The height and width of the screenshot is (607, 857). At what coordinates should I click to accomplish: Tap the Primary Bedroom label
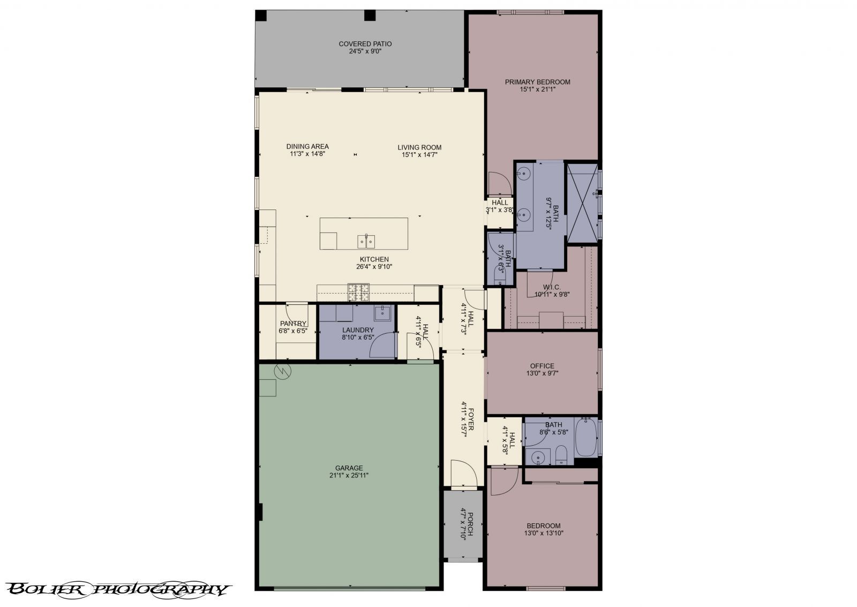click(x=537, y=82)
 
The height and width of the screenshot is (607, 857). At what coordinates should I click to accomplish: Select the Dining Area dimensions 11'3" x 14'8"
click(x=307, y=154)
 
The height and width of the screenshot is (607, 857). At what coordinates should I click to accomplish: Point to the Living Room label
click(x=419, y=147)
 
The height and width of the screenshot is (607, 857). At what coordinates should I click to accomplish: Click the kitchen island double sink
click(x=366, y=242)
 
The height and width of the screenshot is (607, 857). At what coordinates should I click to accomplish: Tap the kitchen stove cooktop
click(x=359, y=292)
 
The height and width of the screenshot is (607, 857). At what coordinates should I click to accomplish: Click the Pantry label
click(x=293, y=324)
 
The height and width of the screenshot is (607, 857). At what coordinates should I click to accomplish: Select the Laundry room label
click(x=358, y=330)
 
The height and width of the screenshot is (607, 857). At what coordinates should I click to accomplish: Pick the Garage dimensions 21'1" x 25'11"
click(x=349, y=475)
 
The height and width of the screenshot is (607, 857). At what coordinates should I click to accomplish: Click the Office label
click(x=542, y=366)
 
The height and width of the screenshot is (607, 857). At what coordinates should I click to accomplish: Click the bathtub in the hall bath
click(x=585, y=437)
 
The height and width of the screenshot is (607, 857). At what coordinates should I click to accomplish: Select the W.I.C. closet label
click(x=552, y=287)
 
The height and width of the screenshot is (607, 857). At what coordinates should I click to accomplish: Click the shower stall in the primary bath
click(x=582, y=204)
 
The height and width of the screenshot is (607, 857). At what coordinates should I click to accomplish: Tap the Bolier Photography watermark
click(x=118, y=590)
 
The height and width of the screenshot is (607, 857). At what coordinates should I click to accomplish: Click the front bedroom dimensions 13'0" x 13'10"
click(x=544, y=533)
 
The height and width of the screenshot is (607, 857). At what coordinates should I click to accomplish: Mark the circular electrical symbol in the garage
click(x=282, y=371)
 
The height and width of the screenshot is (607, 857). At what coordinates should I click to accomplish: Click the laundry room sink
click(x=384, y=312)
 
